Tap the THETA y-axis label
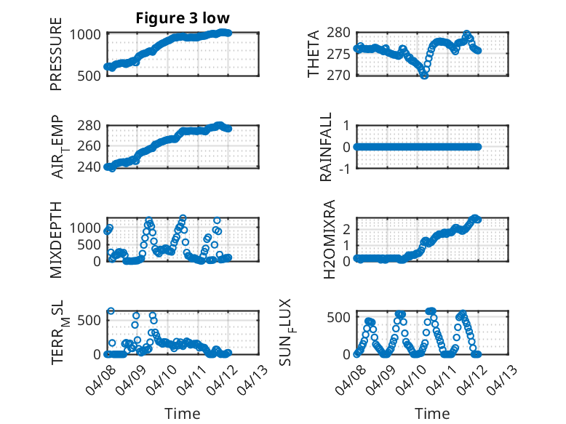point(314,54)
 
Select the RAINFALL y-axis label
point(327,146)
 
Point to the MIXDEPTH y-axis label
point(56,239)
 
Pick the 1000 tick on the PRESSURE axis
point(89,33)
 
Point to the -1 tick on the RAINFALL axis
point(343,168)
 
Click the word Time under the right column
point(432,414)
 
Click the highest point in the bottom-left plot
point(111,311)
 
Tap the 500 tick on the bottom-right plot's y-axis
point(340,317)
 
